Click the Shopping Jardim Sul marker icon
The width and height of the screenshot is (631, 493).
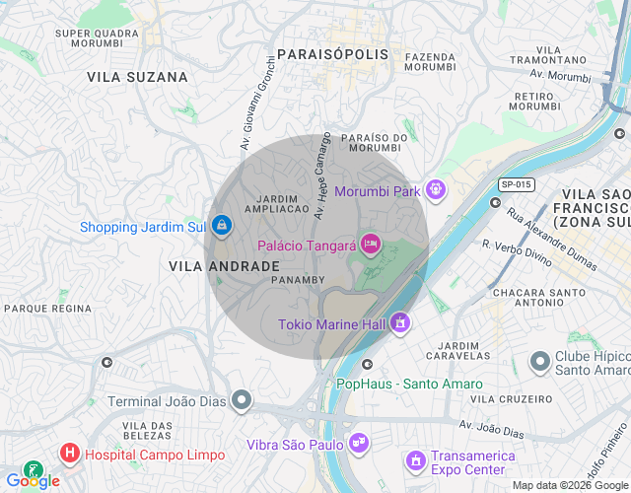coord(222,227)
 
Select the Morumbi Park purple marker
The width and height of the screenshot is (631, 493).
coord(435,189)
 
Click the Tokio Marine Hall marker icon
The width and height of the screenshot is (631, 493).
coord(399,322)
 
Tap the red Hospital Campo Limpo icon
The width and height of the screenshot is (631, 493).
coord(70,454)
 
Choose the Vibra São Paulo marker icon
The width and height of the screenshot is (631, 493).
coord(358,443)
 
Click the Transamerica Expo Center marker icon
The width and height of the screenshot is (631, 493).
coord(416,460)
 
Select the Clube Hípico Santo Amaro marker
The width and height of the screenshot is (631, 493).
coord(539,362)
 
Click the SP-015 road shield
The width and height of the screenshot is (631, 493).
coord(516,184)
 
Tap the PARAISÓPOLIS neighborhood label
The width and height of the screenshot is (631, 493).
coord(332,54)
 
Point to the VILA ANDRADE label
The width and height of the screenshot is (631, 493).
coord(224,266)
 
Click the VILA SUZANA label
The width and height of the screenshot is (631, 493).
coord(137,76)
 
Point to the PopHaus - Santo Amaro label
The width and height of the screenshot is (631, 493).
coord(409,384)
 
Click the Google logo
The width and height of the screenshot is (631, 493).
coord(33,481)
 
